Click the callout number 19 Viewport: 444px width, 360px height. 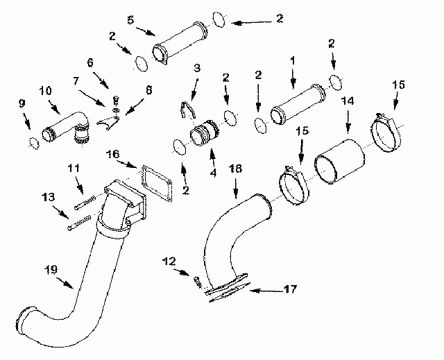[x=51, y=270]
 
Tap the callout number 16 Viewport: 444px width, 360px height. [x=112, y=154]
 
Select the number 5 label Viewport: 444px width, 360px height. [x=130, y=20]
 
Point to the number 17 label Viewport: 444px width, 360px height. [x=290, y=289]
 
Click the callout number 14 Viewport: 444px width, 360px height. [x=348, y=101]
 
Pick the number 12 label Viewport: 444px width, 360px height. [x=169, y=262]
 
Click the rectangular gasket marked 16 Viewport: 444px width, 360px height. [x=157, y=183]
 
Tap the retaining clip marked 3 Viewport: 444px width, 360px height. [x=187, y=109]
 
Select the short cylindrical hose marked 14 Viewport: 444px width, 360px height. [x=339, y=162]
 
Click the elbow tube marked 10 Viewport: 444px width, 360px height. [x=66, y=126]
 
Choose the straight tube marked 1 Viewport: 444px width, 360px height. [x=298, y=104]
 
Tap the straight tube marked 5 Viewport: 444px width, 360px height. [x=180, y=42]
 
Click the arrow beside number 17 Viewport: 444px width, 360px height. [x=266, y=291]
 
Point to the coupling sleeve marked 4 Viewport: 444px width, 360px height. [x=205, y=133]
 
